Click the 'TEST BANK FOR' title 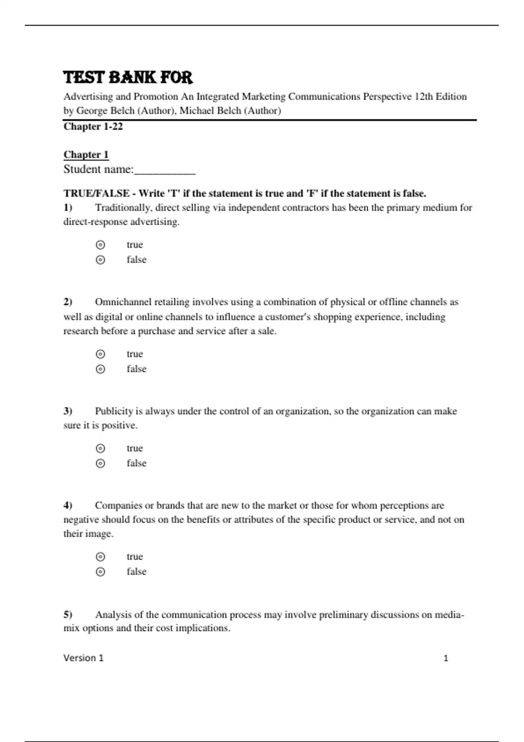tap(128, 78)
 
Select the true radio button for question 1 tap(100, 245)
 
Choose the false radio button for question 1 tap(100, 260)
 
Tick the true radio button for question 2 tap(100, 354)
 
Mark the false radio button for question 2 tap(100, 369)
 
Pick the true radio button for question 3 tap(100, 448)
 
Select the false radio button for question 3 tap(100, 463)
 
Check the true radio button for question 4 tap(100, 556)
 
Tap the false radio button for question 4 tap(100, 571)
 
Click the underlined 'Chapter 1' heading tap(86, 155)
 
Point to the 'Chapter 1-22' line tap(93, 127)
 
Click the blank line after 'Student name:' tap(165, 170)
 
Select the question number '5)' tap(68, 615)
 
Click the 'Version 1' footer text tap(83, 658)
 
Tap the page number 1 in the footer tap(446, 658)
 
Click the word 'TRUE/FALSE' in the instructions tap(97, 193)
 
